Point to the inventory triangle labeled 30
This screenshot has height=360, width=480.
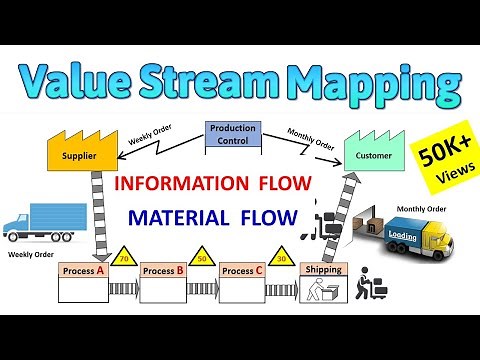click(x=282, y=257)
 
